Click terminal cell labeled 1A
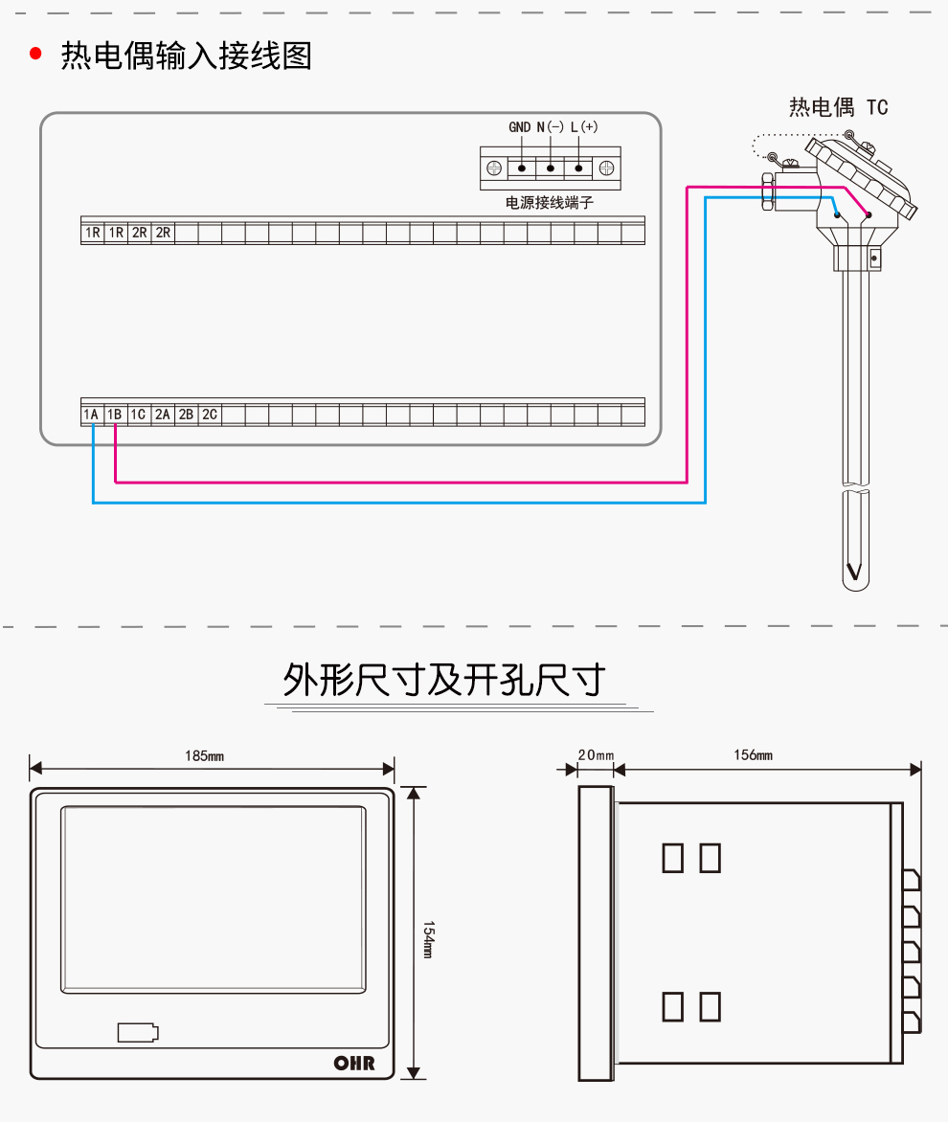tap(92, 415)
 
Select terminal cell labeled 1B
tap(115, 415)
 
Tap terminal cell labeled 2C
tap(209, 415)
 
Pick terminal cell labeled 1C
tap(138, 415)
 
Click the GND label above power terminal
tap(519, 127)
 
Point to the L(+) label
tap(584, 127)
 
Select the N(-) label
tap(551, 127)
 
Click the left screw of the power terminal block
tap(494, 168)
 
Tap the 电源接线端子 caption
tap(550, 204)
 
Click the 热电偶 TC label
tap(839, 107)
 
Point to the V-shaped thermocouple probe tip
tap(854, 573)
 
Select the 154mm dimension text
tap(429, 940)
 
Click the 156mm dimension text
tap(753, 755)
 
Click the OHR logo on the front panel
tap(353, 1063)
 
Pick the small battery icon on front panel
tap(138, 1032)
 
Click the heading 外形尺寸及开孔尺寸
tap(444, 680)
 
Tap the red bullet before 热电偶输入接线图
tap(36, 55)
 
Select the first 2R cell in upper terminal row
tap(139, 233)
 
